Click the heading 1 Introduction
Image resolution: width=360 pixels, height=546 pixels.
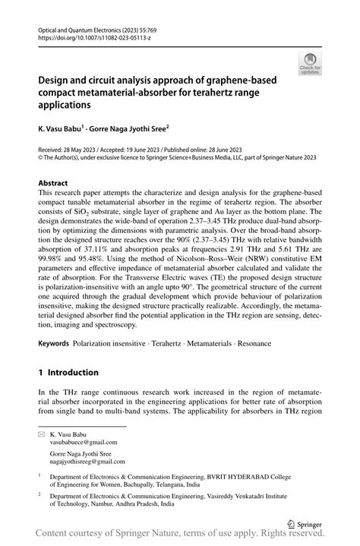[68, 373]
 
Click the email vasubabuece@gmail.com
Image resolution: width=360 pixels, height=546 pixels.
[84, 441]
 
